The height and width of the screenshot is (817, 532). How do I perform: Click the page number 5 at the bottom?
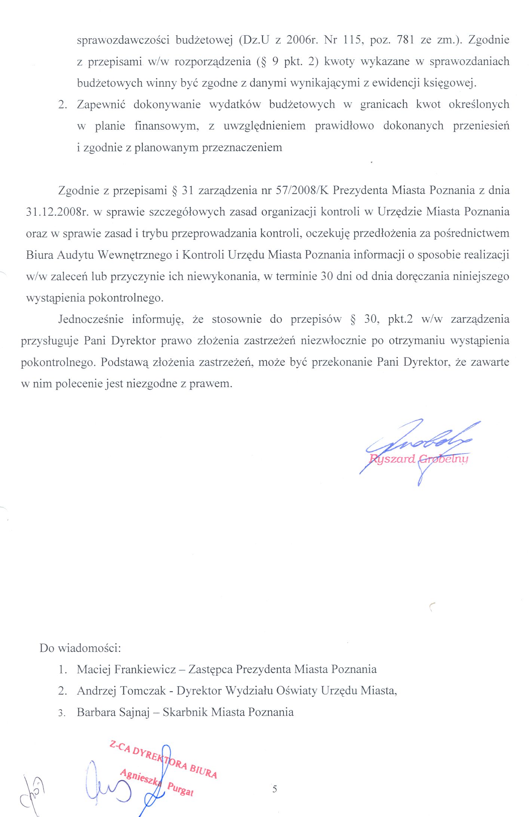275,789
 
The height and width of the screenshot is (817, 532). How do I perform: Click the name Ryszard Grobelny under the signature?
418,459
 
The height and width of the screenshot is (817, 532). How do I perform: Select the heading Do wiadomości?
80,648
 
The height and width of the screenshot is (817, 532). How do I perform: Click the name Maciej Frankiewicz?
126,669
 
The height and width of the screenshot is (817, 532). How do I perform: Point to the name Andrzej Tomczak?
121,691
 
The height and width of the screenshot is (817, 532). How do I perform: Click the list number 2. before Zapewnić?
63,104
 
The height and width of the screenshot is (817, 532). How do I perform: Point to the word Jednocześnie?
91,319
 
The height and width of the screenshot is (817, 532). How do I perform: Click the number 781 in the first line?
405,40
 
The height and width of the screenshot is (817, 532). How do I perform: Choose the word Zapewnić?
101,104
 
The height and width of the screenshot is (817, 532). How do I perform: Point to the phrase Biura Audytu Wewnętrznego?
98,255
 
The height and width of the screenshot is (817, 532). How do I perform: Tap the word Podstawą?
125,362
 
